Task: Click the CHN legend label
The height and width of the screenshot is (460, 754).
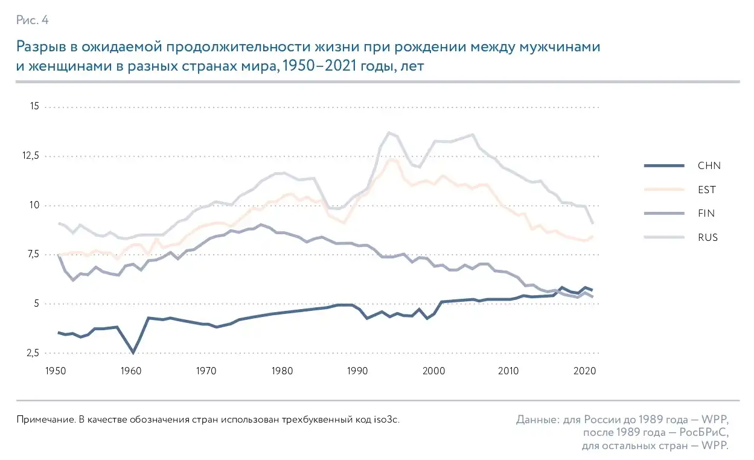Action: [x=708, y=166]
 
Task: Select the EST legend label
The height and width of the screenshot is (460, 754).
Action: [x=707, y=190]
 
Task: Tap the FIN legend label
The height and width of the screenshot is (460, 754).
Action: [x=706, y=213]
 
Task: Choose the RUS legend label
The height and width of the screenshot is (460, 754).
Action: [x=708, y=237]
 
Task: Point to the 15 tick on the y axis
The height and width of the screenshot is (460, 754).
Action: [x=34, y=107]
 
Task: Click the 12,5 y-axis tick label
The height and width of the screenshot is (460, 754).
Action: [x=30, y=156]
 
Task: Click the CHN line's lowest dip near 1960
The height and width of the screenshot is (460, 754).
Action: [x=133, y=353]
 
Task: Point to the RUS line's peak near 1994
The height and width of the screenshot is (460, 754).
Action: [x=389, y=132]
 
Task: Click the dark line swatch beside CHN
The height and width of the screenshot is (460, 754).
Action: [x=664, y=166]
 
